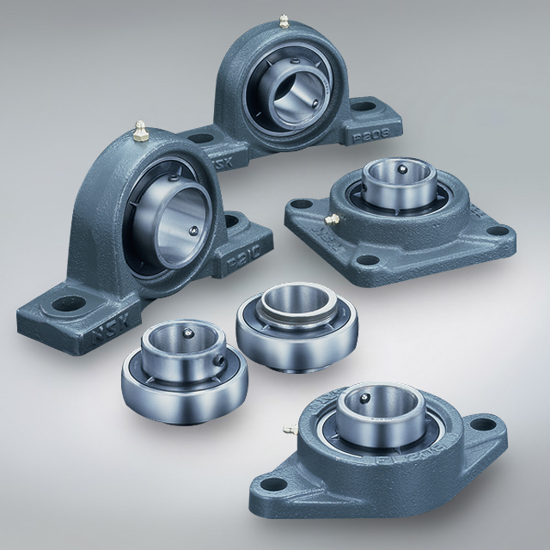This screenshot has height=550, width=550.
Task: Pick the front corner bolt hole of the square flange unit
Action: (x=368, y=260)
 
